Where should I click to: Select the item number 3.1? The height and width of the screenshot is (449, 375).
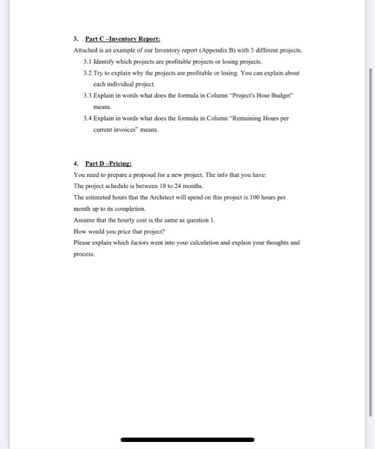click(x=88, y=62)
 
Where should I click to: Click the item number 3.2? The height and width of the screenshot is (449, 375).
click(x=88, y=73)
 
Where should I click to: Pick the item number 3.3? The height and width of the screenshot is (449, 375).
click(x=88, y=96)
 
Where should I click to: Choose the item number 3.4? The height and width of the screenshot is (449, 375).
click(x=88, y=118)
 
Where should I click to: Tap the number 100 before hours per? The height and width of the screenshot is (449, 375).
click(x=246, y=197)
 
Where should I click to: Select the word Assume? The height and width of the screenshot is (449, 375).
click(x=85, y=220)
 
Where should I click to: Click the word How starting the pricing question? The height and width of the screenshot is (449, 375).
click(x=80, y=231)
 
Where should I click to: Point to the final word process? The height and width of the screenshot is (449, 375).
click(x=84, y=254)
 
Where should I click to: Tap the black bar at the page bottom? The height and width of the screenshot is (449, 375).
click(x=187, y=440)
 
